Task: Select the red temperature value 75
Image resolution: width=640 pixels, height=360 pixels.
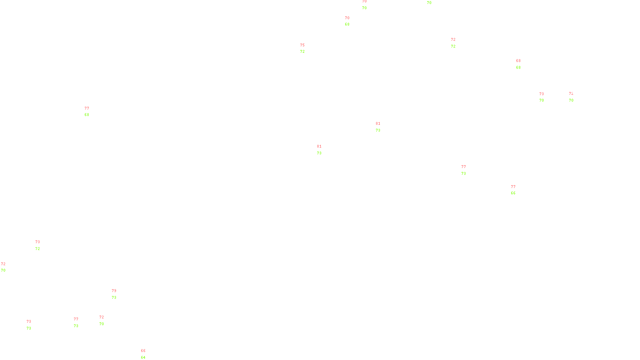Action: [302, 45]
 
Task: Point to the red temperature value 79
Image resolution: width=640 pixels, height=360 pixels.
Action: [114, 291]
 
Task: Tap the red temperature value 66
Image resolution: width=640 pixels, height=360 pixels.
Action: [143, 351]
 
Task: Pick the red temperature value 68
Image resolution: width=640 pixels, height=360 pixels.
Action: [518, 61]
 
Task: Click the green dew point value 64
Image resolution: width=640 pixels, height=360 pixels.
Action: [143, 357]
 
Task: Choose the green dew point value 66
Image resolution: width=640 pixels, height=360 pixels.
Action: [513, 193]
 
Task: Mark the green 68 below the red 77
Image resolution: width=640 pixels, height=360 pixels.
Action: [87, 115]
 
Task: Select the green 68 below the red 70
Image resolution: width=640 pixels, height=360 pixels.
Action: [347, 24]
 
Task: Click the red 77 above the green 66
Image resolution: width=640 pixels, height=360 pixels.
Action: [513, 187]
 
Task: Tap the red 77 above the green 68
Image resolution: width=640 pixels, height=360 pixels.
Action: [87, 108]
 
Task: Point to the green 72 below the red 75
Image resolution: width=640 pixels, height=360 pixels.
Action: [302, 52]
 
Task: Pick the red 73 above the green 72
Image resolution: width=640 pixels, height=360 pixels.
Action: [38, 242]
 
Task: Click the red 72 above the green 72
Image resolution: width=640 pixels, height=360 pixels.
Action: [453, 40]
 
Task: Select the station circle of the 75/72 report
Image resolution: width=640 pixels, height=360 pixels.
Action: [307, 48]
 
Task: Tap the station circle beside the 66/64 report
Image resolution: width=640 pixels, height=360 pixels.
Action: [147, 354]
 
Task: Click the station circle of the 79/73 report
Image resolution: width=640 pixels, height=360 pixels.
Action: [118, 294]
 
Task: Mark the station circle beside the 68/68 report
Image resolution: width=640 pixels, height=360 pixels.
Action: [522, 64]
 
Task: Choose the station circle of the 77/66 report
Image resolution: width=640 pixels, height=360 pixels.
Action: [517, 190]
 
